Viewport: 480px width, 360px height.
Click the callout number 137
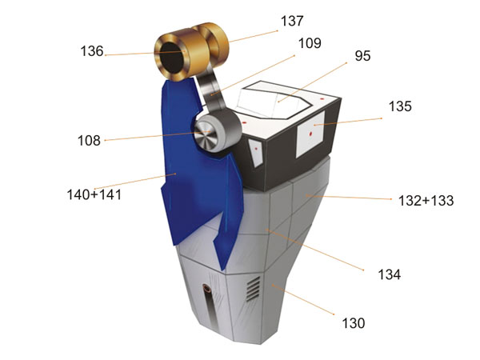click(292, 21)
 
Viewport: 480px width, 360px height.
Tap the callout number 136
click(92, 51)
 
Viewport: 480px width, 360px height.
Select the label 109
click(310, 43)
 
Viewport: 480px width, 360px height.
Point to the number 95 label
click(362, 56)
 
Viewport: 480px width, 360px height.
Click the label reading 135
click(400, 106)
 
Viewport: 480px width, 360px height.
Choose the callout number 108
click(89, 141)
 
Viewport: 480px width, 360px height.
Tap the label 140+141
click(94, 194)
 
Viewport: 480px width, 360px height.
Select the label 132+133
click(426, 201)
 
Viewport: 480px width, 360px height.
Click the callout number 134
click(389, 274)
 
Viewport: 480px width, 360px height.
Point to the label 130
click(354, 323)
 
